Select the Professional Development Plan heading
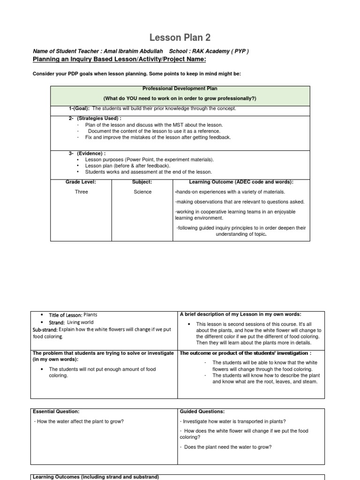coord(180,88)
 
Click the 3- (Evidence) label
coord(87,153)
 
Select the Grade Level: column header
coord(81,182)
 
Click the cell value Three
coord(81,192)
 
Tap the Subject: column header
coord(142,182)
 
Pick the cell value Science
coord(142,192)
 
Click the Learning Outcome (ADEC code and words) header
coord(241,182)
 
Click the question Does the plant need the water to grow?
coord(227,447)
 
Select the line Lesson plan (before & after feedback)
coord(127,165)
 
